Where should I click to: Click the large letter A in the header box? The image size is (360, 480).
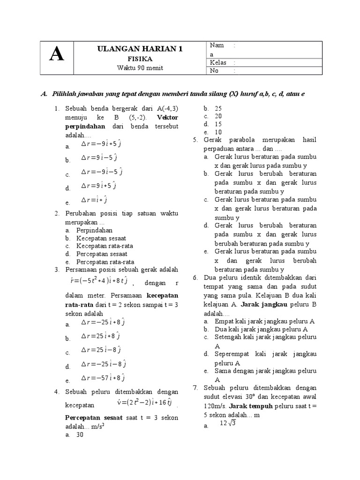click(57, 56)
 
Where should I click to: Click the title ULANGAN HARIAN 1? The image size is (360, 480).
click(140, 50)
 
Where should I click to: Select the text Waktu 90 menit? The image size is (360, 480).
click(140, 67)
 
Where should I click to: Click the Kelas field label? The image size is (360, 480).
click(218, 62)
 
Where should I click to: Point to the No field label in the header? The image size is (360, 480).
click(215, 71)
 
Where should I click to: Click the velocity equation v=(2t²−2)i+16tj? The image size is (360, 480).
click(144, 404)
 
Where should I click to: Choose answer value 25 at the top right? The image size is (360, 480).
click(218, 108)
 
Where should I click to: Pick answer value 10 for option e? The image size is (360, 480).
click(218, 132)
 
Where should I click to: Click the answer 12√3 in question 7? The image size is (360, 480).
click(227, 424)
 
